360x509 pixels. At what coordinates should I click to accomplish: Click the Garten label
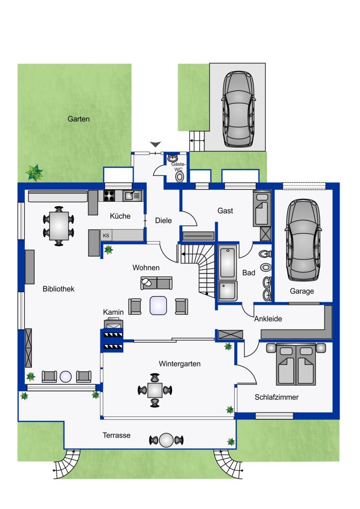click(79, 119)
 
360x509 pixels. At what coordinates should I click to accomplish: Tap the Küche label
click(120, 216)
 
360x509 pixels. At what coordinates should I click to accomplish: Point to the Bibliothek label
click(59, 289)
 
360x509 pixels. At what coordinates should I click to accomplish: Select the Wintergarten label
click(180, 363)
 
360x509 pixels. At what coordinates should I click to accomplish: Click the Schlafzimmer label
click(276, 397)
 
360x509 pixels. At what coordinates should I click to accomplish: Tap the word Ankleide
click(268, 319)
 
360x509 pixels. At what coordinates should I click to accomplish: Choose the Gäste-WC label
click(178, 167)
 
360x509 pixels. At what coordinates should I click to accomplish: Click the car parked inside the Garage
click(303, 240)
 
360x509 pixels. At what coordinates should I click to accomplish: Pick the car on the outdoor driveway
click(239, 109)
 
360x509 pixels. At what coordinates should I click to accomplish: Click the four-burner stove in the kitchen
click(109, 196)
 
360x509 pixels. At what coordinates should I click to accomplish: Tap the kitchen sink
click(133, 196)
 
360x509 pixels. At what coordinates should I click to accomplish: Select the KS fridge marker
click(106, 235)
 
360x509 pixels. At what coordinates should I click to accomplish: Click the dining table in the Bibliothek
click(59, 226)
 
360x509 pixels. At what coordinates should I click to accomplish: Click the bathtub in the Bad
click(228, 261)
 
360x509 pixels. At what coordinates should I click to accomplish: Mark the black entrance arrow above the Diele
click(156, 144)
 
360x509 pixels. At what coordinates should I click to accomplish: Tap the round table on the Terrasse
click(167, 440)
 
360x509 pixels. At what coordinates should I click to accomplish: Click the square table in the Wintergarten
click(155, 390)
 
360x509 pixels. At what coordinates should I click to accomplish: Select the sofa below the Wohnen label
click(157, 283)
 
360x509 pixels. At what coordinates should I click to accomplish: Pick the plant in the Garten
click(34, 172)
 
